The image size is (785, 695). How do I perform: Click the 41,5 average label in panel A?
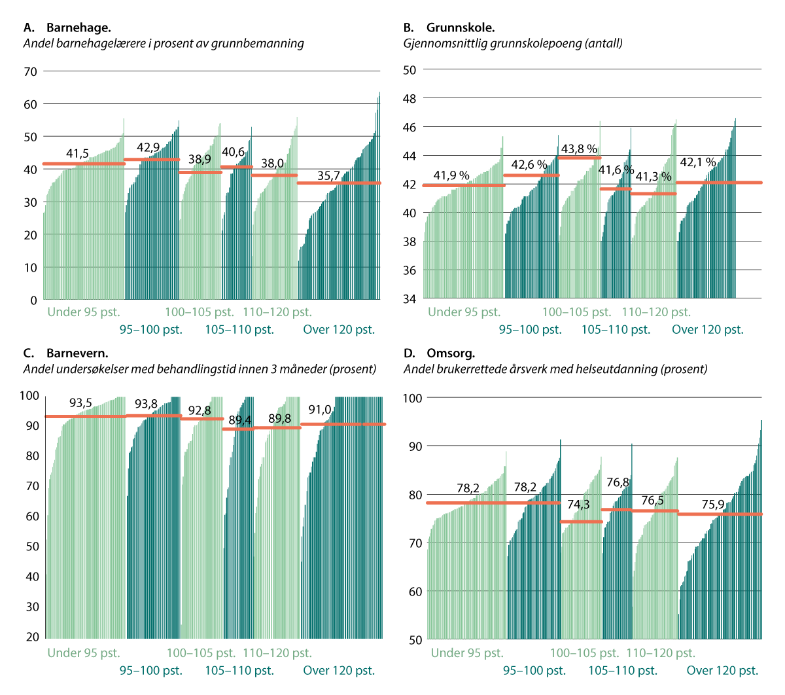[x=78, y=154]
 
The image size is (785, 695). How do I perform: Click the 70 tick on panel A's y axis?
[x=29, y=72]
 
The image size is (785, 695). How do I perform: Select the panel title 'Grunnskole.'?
[x=460, y=28]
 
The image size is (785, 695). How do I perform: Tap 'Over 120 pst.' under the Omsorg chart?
[x=722, y=670]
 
